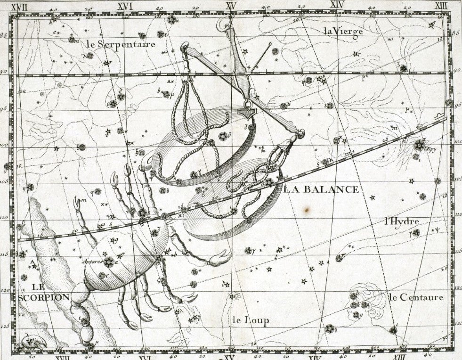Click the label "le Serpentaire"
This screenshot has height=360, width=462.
[x=121, y=44]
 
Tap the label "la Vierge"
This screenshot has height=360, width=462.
[x=343, y=32]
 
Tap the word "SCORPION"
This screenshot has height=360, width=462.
[x=44, y=297]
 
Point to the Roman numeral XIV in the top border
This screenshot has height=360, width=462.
[x=337, y=5]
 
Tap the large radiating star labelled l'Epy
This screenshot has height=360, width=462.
[x=418, y=145]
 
